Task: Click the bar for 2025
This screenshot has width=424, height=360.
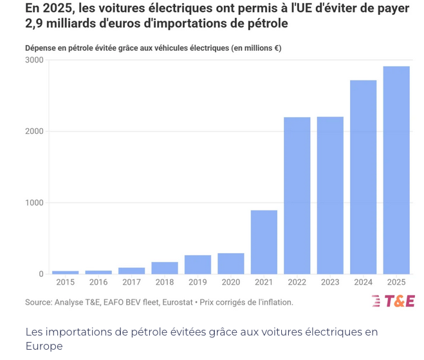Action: pos(396,170)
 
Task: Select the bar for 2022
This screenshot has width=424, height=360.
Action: pos(297,196)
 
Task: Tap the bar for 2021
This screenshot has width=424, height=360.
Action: pos(264,242)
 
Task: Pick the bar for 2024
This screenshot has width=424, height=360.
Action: pos(364,177)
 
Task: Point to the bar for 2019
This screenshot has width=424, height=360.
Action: pos(198,265)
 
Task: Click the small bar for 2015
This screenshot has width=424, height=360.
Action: pos(65,272)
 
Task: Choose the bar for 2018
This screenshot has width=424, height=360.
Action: pos(165,268)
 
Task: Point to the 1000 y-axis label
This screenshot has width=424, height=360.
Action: pos(35,203)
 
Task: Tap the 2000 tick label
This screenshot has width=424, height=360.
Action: pos(35,131)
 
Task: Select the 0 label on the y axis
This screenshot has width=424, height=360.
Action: pos(41,274)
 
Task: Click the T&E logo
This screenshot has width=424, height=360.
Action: pos(392,301)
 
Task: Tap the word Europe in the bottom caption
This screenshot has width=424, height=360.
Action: pos(44,346)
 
